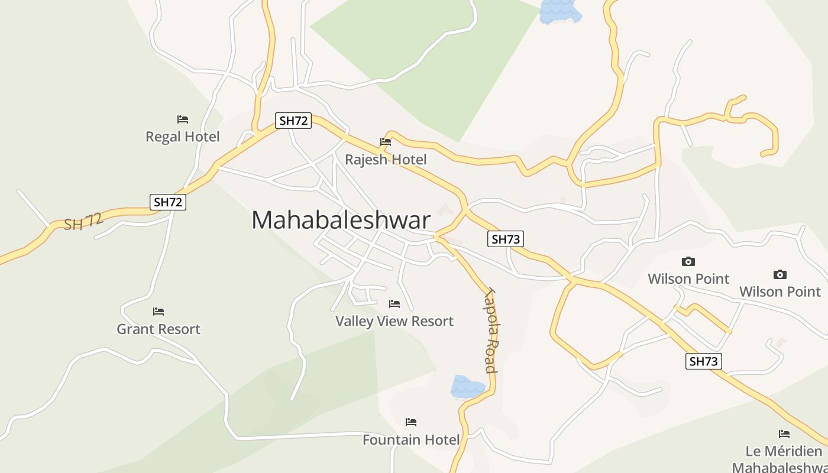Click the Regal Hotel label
point(182,137)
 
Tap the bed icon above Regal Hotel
point(183,119)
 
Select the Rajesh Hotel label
point(386,160)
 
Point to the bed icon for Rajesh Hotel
point(386,142)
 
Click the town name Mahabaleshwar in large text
point(341,220)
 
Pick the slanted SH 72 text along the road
point(83,222)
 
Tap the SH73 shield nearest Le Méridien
point(704,361)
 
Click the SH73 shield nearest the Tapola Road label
point(506,239)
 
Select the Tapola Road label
point(490,331)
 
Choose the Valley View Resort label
point(394,321)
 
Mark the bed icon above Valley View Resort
point(394,304)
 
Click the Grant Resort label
point(159,329)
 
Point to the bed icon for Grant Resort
point(159,312)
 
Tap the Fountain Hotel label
point(411,440)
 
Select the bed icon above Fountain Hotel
point(411,422)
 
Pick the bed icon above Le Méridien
point(784,434)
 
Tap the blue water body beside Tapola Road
point(467,386)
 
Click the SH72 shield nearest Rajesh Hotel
point(293,121)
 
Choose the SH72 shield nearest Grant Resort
point(168,202)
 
